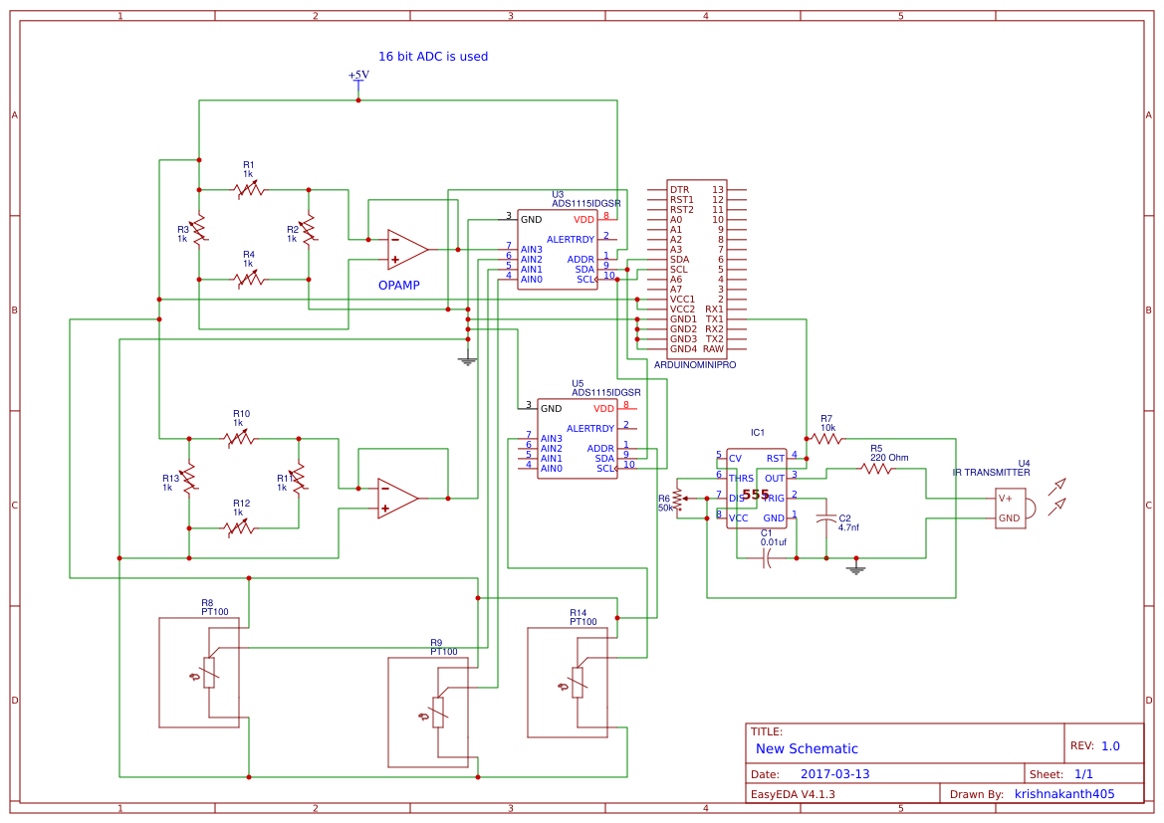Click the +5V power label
[358, 76]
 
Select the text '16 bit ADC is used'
[432, 57]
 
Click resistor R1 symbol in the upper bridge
[249, 189]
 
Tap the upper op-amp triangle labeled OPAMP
[406, 249]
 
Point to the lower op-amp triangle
[396, 498]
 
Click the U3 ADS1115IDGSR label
[585, 199]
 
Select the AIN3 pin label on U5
[552, 439]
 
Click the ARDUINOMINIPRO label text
[695, 365]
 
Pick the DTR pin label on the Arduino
[679, 189]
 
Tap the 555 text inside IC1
[755, 495]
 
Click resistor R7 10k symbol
[825, 438]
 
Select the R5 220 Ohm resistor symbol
[876, 468]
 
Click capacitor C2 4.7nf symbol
[825, 518]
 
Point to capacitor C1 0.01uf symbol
[766, 558]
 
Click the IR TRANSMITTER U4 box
[1010, 508]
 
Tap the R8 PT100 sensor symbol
[209, 671]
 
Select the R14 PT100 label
[582, 617]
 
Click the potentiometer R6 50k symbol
[678, 498]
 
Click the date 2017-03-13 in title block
[834, 774]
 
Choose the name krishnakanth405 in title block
[1063, 794]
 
